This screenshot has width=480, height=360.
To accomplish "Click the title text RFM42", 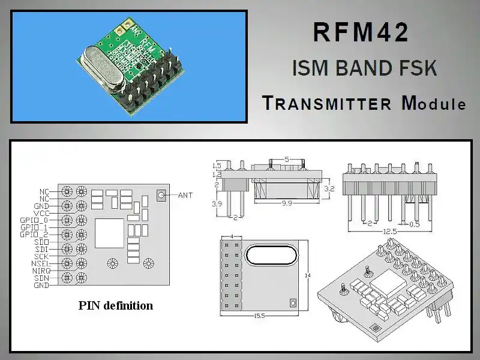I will (x=361, y=32).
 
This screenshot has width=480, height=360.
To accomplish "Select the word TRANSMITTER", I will (x=327, y=103).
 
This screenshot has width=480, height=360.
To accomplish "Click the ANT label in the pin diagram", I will (x=186, y=195).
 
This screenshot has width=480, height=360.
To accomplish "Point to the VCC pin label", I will (x=42, y=213).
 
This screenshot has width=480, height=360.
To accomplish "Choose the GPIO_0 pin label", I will (x=34, y=220).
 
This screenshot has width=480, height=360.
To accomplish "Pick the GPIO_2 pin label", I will (x=34, y=235).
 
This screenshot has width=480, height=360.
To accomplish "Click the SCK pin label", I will (x=42, y=256).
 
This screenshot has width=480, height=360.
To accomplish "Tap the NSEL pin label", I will (x=40, y=263).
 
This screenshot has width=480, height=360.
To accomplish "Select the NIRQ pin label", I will (x=40, y=271).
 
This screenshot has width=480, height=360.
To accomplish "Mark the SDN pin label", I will (x=42, y=278).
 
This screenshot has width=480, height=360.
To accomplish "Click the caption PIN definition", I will (x=116, y=305).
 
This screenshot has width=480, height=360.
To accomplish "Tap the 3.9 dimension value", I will (x=217, y=205).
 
